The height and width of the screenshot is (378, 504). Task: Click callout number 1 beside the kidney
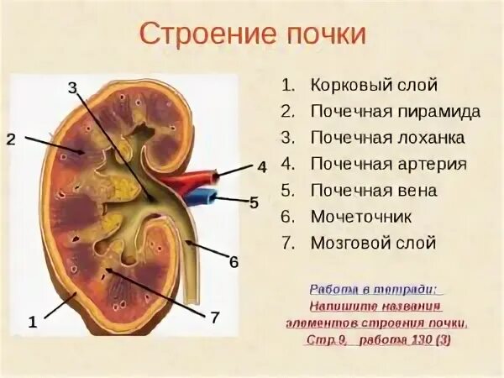point(32,321)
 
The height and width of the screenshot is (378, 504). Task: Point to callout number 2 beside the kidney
point(11,139)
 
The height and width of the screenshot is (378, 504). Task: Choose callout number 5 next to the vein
point(254,202)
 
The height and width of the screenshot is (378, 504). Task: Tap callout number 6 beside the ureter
point(234,262)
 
